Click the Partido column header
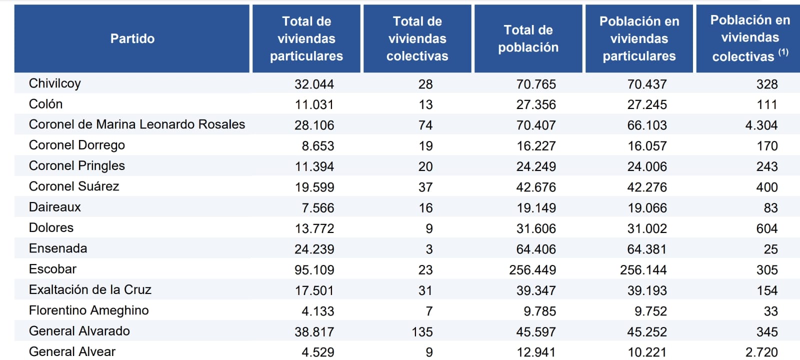coord(132,38)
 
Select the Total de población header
coord(528,38)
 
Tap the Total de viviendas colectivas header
coord(417,38)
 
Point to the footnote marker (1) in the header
coord(783,52)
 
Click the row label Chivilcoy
coord(54,83)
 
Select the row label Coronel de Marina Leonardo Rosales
coord(136,124)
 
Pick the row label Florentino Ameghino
coord(88,310)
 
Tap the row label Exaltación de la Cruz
coord(90,290)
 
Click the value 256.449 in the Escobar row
coord(532,270)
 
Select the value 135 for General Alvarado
coord(422,332)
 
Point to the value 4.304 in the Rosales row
coord(761,125)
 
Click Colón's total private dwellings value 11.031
coord(314,105)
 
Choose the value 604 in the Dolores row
coord(766,229)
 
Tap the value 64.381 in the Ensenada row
coord(647,249)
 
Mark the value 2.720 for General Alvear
coord(761,352)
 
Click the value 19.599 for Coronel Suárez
coord(314,187)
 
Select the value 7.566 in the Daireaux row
coord(317,208)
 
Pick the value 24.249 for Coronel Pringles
coord(536,167)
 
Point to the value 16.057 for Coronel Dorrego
coord(647,146)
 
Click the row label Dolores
coord(51,228)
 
